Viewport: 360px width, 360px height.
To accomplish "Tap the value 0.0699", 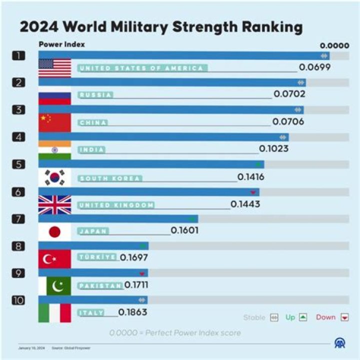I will point(314,67).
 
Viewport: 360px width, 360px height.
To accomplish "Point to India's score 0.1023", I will point(273,148).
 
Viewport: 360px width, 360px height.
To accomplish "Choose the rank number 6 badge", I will point(18,192).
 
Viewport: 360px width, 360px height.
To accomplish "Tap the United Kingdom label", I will point(116,205).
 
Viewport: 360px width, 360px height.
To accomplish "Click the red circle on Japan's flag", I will point(54,231).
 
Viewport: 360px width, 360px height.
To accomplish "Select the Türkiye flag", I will point(54,258).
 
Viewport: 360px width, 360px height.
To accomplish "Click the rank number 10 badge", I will point(18,300).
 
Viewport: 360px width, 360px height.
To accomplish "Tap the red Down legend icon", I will point(344,317).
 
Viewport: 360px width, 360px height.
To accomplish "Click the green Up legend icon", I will point(303,317).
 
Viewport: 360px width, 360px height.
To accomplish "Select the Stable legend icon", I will point(273,317).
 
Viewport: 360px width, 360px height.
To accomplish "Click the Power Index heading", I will point(61,44).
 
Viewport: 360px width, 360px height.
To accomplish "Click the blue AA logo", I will point(340,342).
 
